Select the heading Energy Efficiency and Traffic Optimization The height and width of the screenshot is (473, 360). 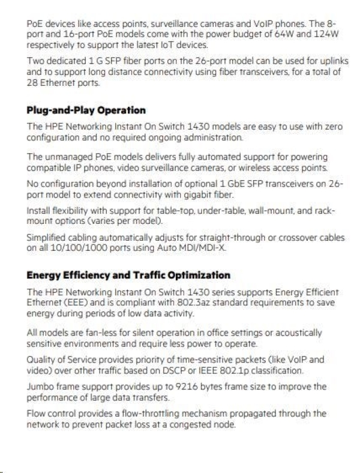(128, 275)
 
